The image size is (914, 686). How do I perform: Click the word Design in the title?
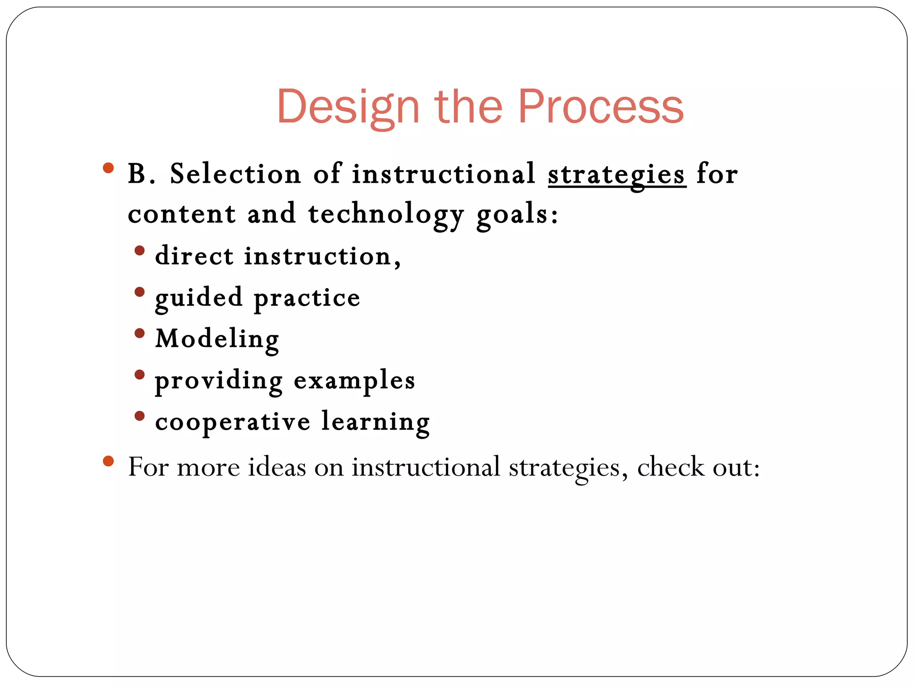tap(348, 107)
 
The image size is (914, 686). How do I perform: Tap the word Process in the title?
tap(600, 107)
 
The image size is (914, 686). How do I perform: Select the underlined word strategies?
tap(616, 174)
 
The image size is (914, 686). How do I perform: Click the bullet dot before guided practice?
tap(140, 292)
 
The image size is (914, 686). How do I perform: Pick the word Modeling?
tap(217, 339)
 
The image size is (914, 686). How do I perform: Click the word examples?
tap(354, 381)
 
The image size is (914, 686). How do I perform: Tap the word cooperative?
tap(233, 422)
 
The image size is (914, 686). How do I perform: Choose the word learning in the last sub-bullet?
tap(375, 422)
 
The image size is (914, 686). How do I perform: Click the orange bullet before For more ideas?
tap(108, 460)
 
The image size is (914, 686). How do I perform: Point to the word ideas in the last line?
tap(277, 467)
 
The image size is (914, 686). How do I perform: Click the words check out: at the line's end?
tap(698, 467)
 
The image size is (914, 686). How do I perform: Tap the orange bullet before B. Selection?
tap(108, 168)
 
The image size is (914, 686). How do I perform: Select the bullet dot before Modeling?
tap(140, 333)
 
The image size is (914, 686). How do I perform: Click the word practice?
tap(307, 298)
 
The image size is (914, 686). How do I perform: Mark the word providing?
tap(219, 381)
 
